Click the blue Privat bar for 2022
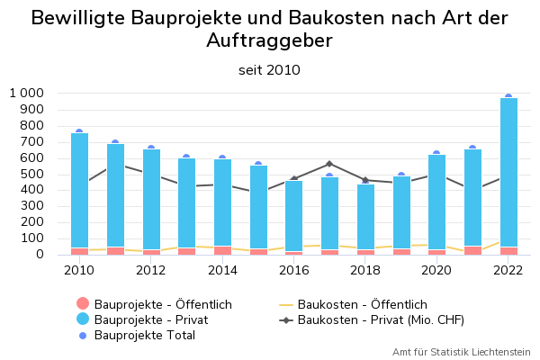(x=508, y=171)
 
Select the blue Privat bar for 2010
(x=79, y=189)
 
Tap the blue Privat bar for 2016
(x=294, y=216)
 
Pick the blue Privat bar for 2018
(x=365, y=216)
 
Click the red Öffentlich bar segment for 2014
(x=222, y=250)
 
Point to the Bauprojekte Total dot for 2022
(x=508, y=96)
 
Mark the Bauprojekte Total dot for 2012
(x=151, y=148)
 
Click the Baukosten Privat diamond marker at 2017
(x=329, y=164)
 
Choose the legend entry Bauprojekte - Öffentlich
(x=163, y=304)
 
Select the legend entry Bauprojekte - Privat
(x=150, y=319)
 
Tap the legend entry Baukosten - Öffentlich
(x=362, y=304)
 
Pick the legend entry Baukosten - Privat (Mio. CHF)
(x=387, y=319)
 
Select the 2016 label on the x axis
(x=294, y=269)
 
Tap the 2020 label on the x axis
(x=437, y=269)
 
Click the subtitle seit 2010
(x=269, y=69)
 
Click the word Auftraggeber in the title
(x=269, y=40)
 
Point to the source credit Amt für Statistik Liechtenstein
(x=461, y=352)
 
